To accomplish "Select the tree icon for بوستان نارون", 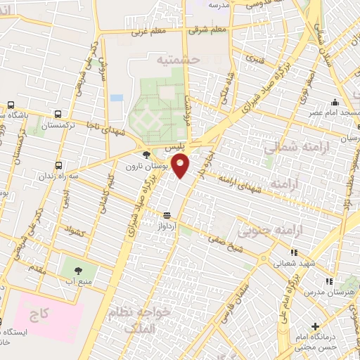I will (x=146, y=155).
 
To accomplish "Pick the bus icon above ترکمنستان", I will (x=57, y=114).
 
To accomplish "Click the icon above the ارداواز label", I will (x=167, y=215).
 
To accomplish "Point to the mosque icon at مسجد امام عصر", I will (x=335, y=103).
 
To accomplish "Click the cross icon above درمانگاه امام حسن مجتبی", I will (x=316, y=326).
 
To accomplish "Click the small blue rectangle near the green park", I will (x=117, y=98).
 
